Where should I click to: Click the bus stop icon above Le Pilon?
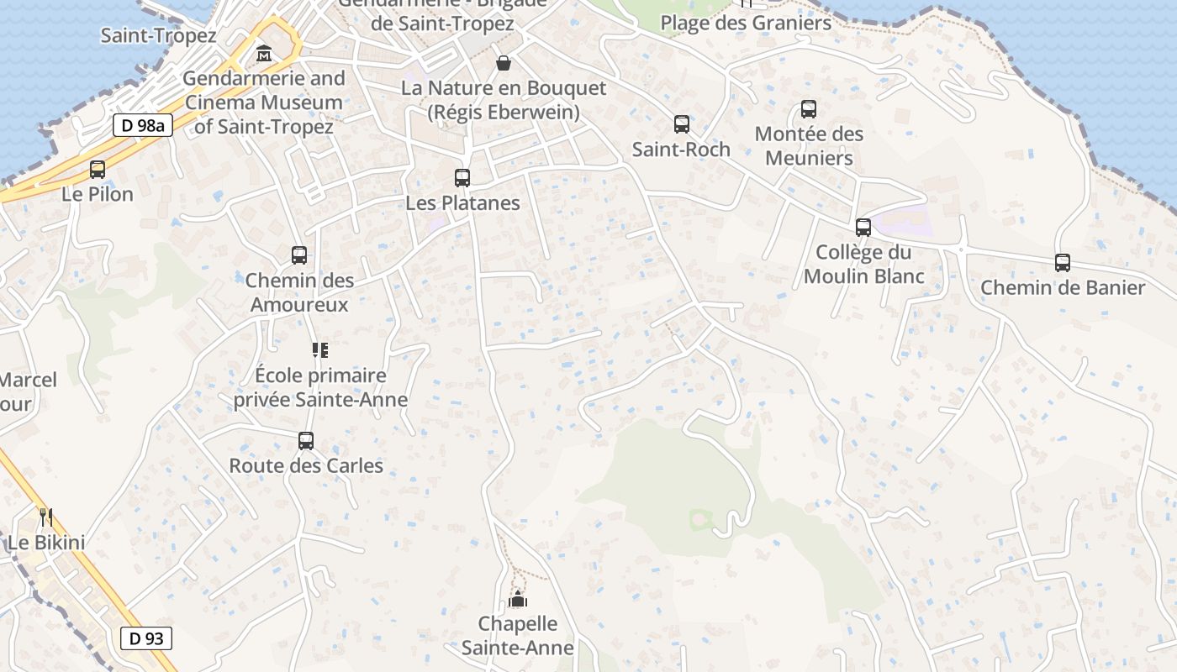[x=98, y=170]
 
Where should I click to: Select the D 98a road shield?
[x=142, y=126]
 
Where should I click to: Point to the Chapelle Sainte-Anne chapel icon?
[x=518, y=599]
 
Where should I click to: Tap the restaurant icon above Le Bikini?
[x=46, y=517]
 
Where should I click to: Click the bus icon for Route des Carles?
[x=306, y=441]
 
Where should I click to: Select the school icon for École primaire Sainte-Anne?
[x=319, y=350]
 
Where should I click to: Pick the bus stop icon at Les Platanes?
[x=462, y=178]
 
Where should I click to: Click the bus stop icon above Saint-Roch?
[x=682, y=124]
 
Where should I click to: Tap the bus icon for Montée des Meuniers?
[x=809, y=109]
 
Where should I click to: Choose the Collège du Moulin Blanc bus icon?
[x=863, y=228]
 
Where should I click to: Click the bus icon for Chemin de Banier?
[x=1063, y=263]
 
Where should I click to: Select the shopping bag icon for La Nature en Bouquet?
[x=503, y=63]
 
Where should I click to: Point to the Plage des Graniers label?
[x=746, y=23]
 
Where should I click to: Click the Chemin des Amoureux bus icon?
[x=299, y=255]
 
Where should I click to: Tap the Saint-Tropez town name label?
[x=158, y=35]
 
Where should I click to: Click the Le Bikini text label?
[x=46, y=543]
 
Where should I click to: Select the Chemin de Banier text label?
[x=1063, y=288]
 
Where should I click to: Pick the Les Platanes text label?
[x=462, y=203]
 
